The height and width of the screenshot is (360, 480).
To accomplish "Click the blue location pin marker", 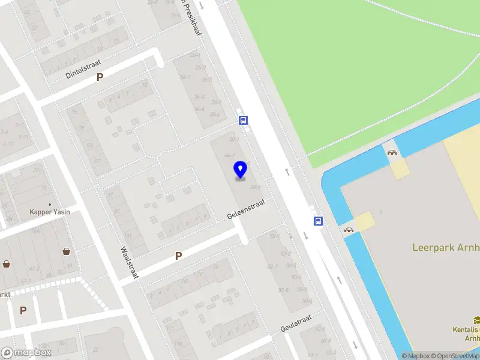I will (241, 170).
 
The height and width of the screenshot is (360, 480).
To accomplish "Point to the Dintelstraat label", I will (83, 69).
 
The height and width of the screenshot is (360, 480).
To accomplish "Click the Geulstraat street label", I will (296, 325).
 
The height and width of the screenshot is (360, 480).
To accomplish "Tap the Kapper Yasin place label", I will (50, 212).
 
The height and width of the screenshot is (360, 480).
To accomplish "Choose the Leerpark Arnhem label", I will (445, 247).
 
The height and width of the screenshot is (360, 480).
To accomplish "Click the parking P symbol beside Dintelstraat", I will (100, 77).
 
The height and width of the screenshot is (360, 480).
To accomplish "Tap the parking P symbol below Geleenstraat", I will (178, 256).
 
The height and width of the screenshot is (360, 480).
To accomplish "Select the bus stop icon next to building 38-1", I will (244, 119).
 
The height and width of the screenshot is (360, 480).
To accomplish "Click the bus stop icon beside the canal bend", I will (318, 221).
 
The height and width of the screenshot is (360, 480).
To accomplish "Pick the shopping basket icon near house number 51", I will (66, 252).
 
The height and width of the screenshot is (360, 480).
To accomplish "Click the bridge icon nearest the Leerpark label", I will (349, 229).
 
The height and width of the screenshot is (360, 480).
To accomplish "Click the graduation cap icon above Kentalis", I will (476, 320).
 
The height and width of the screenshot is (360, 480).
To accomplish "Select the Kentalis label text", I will (466, 329).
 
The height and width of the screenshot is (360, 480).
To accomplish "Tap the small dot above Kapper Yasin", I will (50, 204).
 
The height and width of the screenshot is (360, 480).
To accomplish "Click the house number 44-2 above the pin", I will (230, 154).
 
